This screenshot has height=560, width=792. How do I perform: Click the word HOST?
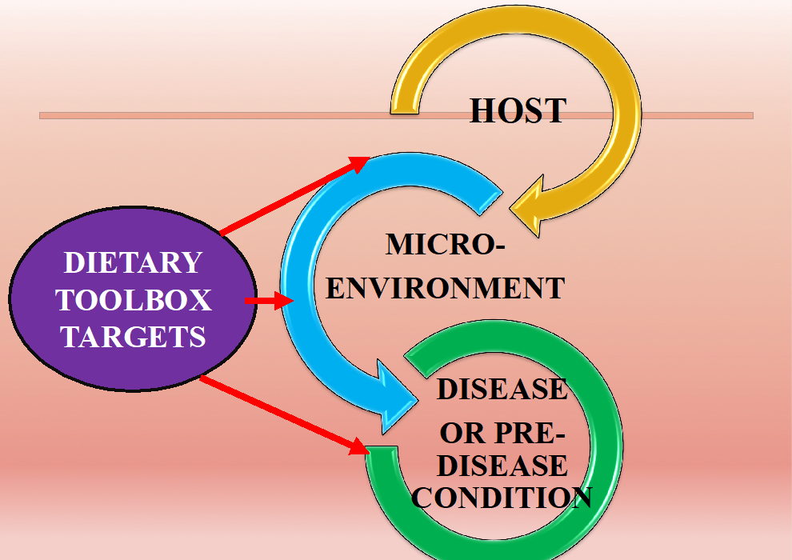pos(518,111)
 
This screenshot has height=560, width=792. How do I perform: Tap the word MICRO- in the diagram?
pos(446,244)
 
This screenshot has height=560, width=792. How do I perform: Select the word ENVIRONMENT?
pos(446,287)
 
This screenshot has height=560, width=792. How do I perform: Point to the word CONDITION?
pos(502,498)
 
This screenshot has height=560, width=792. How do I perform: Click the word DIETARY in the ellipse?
pos(133,262)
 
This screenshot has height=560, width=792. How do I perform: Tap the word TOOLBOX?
pos(133,300)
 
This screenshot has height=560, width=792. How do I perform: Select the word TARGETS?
pos(133,337)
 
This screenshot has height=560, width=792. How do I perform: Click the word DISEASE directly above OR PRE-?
pos(502,389)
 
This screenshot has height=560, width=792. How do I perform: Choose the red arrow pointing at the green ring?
pos(280,413)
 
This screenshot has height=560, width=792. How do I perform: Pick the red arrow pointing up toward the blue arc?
pos(292,197)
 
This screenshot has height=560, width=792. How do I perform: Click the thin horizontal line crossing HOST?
pos(240,115)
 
